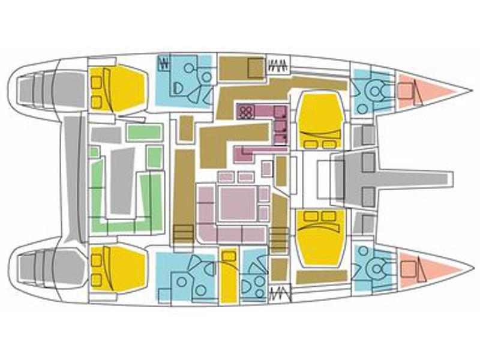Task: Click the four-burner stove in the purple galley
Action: tap(247, 111)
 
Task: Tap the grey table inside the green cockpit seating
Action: tap(122, 178)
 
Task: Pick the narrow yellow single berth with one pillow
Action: tap(228, 276)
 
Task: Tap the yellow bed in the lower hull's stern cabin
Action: tap(120, 268)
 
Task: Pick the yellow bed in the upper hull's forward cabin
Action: tap(321, 120)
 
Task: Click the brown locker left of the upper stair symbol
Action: tap(241, 68)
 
